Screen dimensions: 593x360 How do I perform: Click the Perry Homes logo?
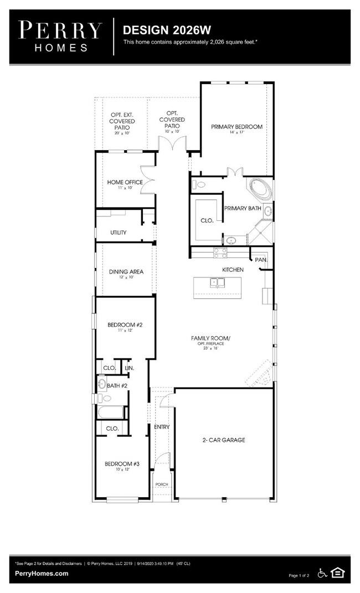pos(61,36)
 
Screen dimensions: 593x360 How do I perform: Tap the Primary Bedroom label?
pos(236,127)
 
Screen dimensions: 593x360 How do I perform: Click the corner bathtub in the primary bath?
pos(260,189)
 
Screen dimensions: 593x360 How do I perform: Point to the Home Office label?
pos(125,182)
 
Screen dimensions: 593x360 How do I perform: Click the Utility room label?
pos(118,233)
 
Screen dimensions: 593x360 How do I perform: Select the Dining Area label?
pos(126,271)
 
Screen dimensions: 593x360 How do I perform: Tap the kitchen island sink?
pos(218,283)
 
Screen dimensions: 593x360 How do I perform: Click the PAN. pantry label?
pos(261,259)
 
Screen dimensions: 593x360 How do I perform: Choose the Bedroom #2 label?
pos(125,324)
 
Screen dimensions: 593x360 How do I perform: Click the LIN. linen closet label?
pos(129,368)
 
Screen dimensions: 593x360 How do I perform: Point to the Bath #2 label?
pos(117,385)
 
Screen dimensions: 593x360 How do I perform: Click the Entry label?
pos(162,427)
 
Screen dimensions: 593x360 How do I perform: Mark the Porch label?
pos(161,484)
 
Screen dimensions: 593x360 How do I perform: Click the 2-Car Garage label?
pos(224,440)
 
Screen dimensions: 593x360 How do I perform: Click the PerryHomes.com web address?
pos(42,574)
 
